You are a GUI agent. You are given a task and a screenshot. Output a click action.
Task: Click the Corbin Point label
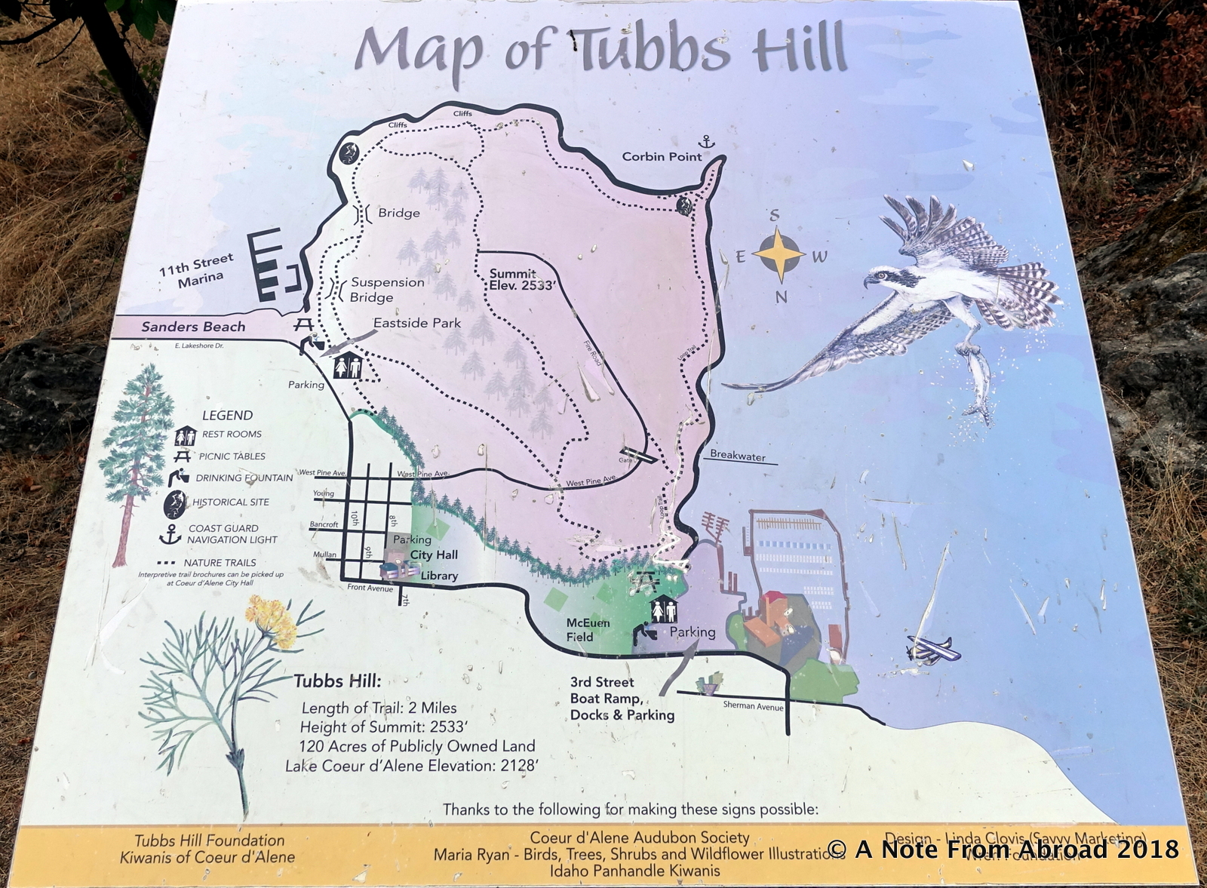tap(662, 156)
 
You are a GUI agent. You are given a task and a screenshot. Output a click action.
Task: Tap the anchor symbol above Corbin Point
tap(706, 141)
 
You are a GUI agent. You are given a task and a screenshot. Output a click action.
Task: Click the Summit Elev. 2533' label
tap(522, 279)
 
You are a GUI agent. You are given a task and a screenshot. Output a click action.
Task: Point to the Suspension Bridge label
tap(386, 290)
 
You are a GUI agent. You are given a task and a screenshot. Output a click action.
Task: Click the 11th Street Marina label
tap(197, 270)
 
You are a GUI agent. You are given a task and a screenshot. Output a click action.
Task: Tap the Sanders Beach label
tap(193, 327)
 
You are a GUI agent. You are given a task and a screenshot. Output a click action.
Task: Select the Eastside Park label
tap(416, 323)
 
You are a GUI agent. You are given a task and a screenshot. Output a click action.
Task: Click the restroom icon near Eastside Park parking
tap(348, 366)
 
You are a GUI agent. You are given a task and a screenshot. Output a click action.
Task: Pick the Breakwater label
tap(737, 456)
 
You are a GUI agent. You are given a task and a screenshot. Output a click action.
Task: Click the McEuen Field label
tap(588, 630)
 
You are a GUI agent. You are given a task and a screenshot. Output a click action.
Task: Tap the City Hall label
tap(434, 555)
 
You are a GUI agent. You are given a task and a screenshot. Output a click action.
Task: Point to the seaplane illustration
tap(932, 650)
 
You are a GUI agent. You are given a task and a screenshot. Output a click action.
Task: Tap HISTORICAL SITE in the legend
tap(230, 502)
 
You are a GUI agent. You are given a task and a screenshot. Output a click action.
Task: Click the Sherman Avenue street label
tap(752, 706)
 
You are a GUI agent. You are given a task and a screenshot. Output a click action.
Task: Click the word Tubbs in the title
tap(653, 49)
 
